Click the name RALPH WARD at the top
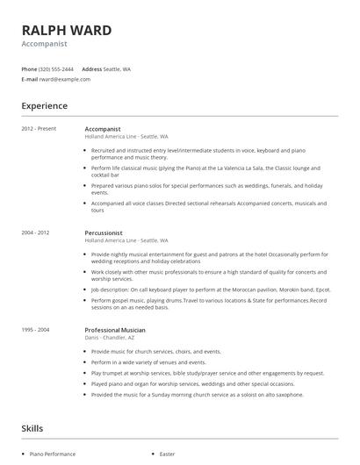pos(67,30)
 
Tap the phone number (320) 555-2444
pos(57,68)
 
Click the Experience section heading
pos(44,106)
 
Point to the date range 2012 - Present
pos(39,129)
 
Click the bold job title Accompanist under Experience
pos(103,129)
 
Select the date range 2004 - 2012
pos(36,232)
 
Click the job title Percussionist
pos(104,232)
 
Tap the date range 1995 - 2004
pos(36,329)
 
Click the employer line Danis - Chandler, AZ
pos(111,337)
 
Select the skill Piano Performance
pos(53,454)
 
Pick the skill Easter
pos(167,454)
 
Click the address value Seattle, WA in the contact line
pos(117,68)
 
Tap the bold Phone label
pos(29,68)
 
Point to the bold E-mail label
pos(30,79)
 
